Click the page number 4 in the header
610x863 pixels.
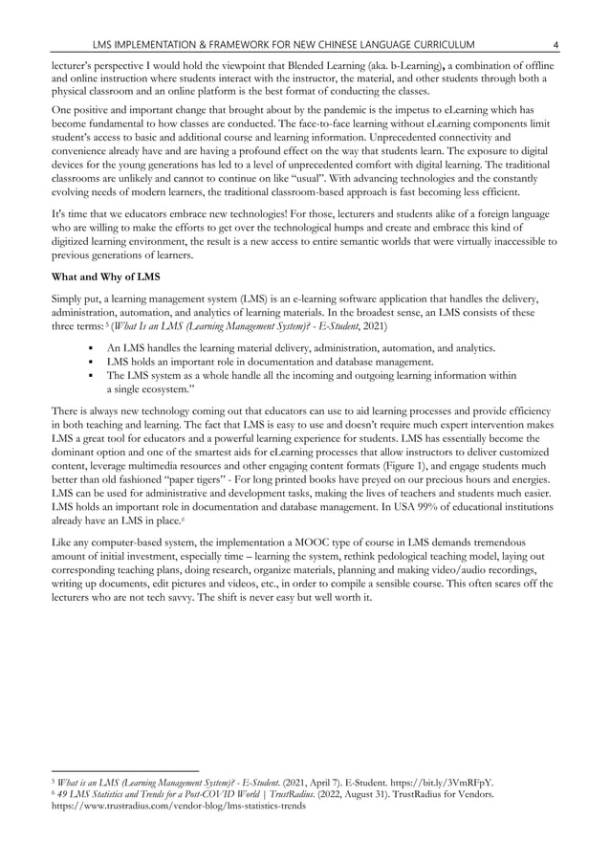(556, 44)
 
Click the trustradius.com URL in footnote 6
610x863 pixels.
(178, 807)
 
